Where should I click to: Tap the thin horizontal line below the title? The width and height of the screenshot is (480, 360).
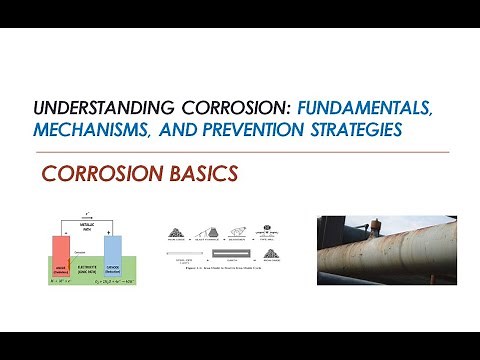[240, 151]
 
